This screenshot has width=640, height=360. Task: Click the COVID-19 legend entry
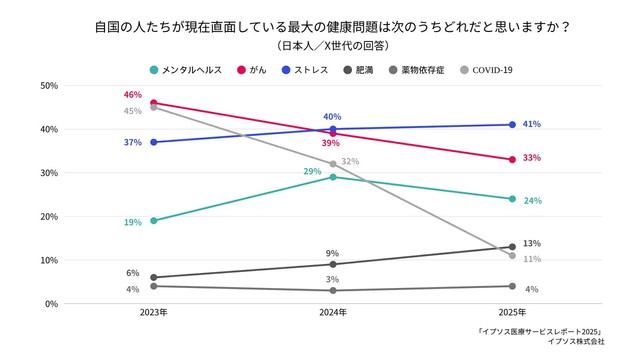point(490,70)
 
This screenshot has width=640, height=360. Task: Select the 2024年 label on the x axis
point(332,313)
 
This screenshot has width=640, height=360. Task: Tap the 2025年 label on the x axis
point(511,313)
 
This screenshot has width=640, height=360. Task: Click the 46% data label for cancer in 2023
point(132,95)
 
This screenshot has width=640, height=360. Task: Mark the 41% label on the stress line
point(532,125)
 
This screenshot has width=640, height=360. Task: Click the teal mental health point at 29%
point(332,177)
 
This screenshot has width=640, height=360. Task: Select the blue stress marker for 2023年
point(153,142)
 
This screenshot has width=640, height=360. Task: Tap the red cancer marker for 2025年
point(511,159)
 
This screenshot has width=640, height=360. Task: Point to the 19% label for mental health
point(132,222)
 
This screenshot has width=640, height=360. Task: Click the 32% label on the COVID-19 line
point(350,162)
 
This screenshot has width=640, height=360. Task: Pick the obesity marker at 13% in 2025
point(511,247)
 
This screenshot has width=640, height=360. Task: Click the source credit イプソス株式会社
point(576,342)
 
